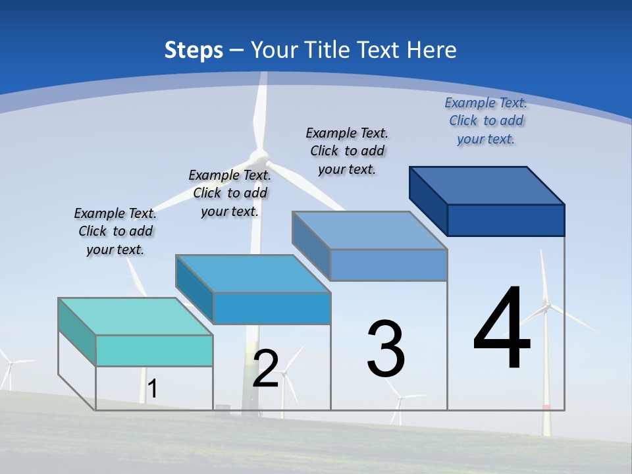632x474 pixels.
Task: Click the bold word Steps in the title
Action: pyautogui.click(x=194, y=50)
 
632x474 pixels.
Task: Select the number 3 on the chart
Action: pyautogui.click(x=386, y=349)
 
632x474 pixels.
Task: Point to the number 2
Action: pyautogui.click(x=265, y=369)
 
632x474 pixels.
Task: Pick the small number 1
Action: pyautogui.click(x=152, y=388)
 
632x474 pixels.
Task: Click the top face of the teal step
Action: pyautogui.click(x=136, y=317)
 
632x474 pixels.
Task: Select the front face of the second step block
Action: pyautogui.click(x=272, y=308)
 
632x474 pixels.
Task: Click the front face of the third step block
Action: pyautogui.click(x=388, y=265)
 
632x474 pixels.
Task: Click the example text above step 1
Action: pyautogui.click(x=115, y=231)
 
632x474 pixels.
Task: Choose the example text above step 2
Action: pyautogui.click(x=230, y=193)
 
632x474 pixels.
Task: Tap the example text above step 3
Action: pyautogui.click(x=347, y=151)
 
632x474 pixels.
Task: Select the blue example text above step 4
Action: pyautogui.click(x=486, y=120)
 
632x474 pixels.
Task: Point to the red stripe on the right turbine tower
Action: pyautogui.click(x=546, y=408)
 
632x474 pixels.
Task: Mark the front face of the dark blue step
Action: pyautogui.click(x=506, y=220)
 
